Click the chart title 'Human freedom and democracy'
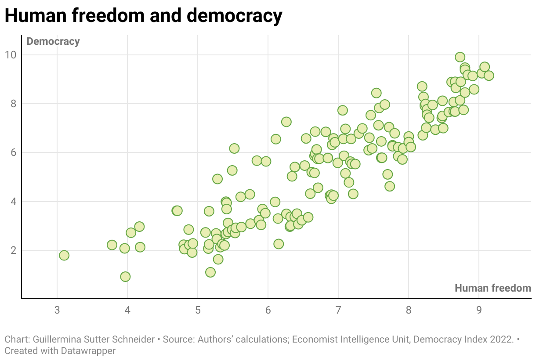point(143,16)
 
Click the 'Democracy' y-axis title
point(53,42)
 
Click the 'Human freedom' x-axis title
point(493,288)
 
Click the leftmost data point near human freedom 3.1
point(64,255)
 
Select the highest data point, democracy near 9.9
point(460,57)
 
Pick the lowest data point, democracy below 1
point(125,276)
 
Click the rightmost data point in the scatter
point(489,76)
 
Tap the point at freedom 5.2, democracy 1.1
point(210,272)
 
